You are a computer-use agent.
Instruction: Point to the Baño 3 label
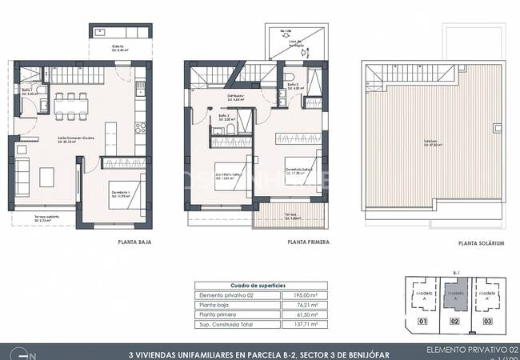click(x=294, y=85)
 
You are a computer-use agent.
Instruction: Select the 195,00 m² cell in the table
click(x=306, y=296)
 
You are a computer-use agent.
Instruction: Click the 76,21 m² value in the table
click(x=306, y=306)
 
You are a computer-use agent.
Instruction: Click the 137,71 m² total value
click(x=306, y=325)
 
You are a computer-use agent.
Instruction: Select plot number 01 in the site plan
click(x=425, y=323)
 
